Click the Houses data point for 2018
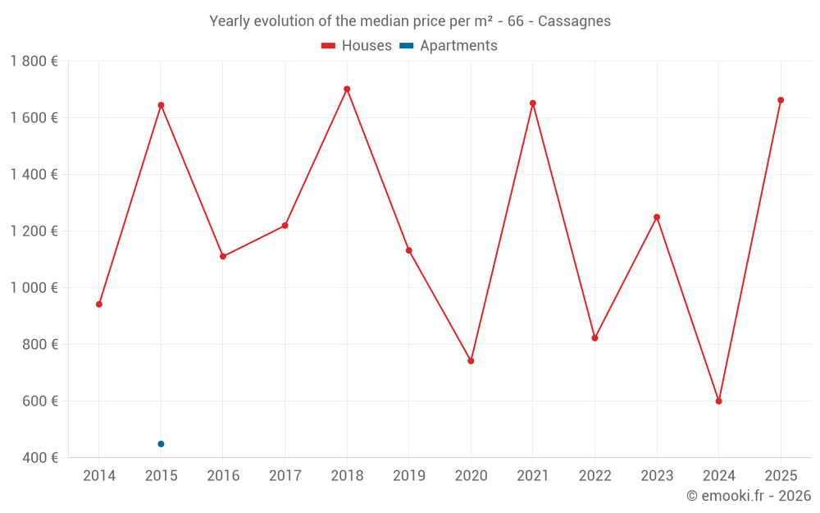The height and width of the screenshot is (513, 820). pyautogui.click(x=347, y=89)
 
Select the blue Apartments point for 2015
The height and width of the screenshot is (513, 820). pyautogui.click(x=161, y=444)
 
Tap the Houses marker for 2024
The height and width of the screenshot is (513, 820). pyautogui.click(x=718, y=401)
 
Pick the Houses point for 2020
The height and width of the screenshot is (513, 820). pyautogui.click(x=471, y=361)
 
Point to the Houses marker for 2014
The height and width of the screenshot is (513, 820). pyautogui.click(x=99, y=305)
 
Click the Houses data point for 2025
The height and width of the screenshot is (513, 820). pyautogui.click(x=781, y=100)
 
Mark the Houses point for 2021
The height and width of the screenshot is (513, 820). pyautogui.click(x=533, y=103)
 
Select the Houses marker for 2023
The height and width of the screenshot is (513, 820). pyautogui.click(x=657, y=218)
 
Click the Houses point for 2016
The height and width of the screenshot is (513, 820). pyautogui.click(x=223, y=257)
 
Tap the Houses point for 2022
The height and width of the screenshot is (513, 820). pyautogui.click(x=594, y=338)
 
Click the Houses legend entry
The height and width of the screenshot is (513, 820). pyautogui.click(x=357, y=46)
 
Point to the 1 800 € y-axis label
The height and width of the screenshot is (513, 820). pyautogui.click(x=34, y=62)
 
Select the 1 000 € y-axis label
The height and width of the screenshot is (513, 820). pyautogui.click(x=34, y=288)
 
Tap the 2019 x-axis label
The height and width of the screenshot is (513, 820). pyautogui.click(x=408, y=476)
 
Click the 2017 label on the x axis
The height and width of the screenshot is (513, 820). pyautogui.click(x=285, y=476)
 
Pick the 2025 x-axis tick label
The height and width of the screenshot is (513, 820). pyautogui.click(x=781, y=476)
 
